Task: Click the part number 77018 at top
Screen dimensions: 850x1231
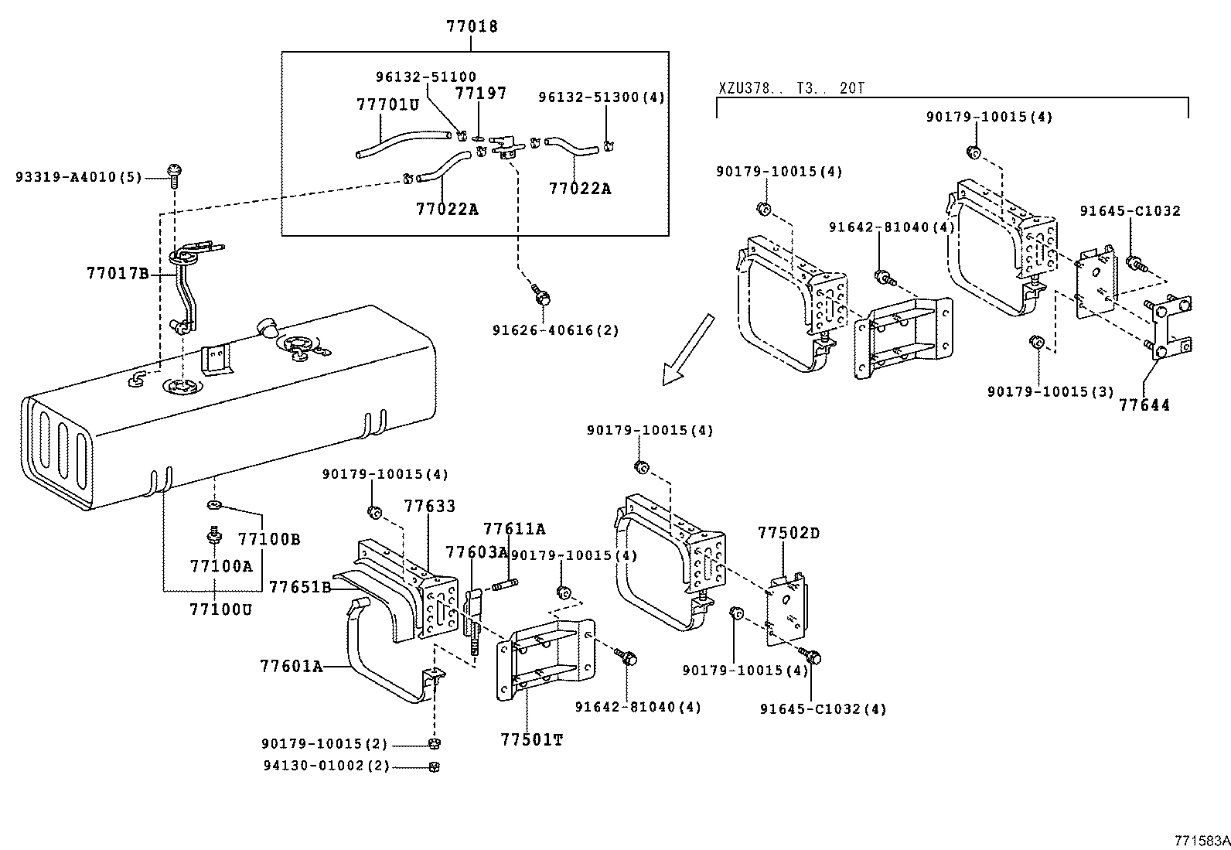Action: pos(472,26)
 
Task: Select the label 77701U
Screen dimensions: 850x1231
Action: pos(387,104)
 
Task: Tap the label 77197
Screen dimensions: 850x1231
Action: pos(480,93)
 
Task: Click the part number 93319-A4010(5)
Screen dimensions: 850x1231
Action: pos(78,177)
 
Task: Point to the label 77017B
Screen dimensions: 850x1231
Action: pos(117,272)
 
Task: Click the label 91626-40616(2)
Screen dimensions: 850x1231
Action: pos(555,330)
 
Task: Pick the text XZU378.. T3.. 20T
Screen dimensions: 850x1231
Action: pos(790,88)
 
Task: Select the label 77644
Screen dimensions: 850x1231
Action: pos(1144,405)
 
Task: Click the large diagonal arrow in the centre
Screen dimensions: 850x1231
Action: pos(687,350)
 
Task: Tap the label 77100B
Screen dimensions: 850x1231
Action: pos(268,539)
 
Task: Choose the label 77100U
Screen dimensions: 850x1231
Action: pos(221,609)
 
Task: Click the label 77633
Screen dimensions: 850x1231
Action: pos(429,506)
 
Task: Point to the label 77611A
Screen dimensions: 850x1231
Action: pos(514,529)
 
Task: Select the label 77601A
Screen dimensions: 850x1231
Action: pos(291,665)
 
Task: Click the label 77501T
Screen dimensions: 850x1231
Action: pos(531,739)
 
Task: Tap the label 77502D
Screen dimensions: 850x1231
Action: pos(789,533)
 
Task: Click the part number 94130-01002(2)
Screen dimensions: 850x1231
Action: pos(325,766)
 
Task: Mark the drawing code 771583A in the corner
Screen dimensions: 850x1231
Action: pos(1201,841)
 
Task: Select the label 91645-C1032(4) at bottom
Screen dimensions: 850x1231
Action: pos(823,708)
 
